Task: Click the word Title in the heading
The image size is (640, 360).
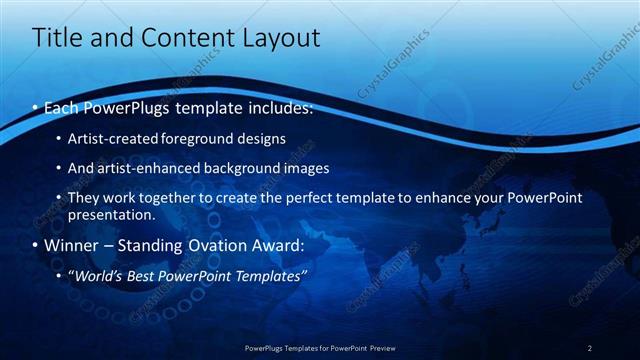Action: tap(55, 39)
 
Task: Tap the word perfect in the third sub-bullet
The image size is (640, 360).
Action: tap(313, 198)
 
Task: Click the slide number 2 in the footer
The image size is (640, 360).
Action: tap(590, 348)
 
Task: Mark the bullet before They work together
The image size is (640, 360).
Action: tap(59, 198)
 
